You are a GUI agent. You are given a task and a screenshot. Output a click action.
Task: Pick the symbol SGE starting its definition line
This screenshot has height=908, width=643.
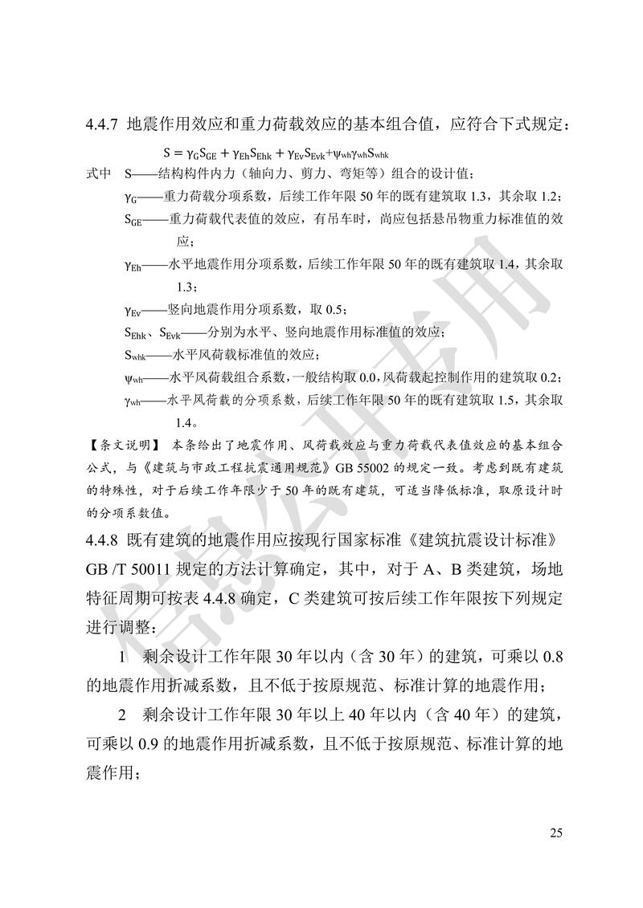[x=133, y=219]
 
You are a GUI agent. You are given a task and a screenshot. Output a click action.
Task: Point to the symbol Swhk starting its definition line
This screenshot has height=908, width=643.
[x=135, y=354]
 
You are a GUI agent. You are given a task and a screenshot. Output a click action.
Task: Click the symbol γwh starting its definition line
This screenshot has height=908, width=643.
[x=133, y=399]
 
